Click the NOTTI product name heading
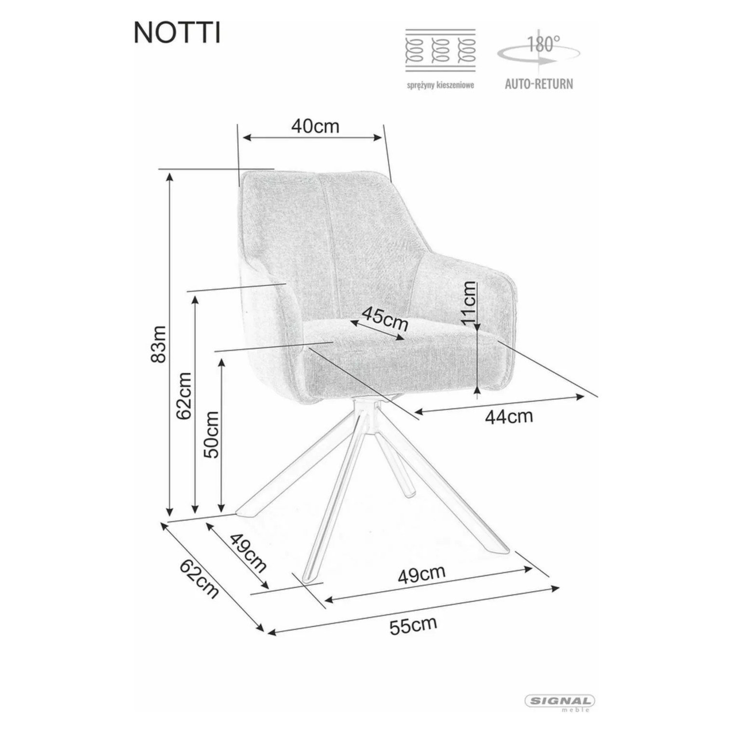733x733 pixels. click(x=177, y=33)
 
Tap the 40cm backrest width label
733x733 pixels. click(x=315, y=126)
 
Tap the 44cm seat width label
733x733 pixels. click(x=509, y=416)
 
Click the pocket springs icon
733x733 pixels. click(x=440, y=51)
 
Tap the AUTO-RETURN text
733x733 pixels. click(x=539, y=84)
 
